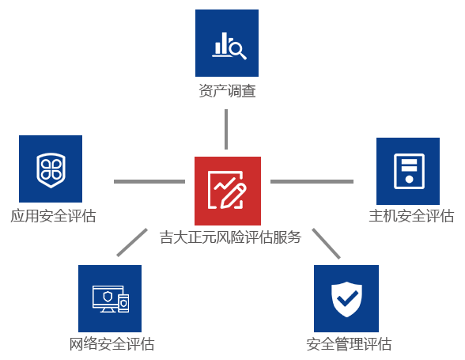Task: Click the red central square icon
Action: coord(228,191)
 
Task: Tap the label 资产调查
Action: coord(227,91)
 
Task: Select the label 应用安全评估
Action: coord(54,216)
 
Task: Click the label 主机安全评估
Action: coord(411,216)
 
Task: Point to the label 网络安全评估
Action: coord(112,344)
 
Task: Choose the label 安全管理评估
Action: coord(349,344)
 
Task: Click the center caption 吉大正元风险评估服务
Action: coord(230,237)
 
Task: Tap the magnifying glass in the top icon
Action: coord(238,51)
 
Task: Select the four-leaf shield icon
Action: coord(51,170)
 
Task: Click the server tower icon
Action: coord(410,171)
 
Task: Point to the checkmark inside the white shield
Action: coord(348,298)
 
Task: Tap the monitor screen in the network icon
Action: coord(108,297)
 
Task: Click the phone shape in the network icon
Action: coord(124,303)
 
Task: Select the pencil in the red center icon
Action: coord(233,195)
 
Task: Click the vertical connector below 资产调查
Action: coord(226,129)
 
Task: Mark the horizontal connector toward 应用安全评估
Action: coord(149,181)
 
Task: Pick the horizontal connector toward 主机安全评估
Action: coord(312,181)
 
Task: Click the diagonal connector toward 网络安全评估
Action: coord(132,242)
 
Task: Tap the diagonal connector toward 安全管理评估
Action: coord(326,244)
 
